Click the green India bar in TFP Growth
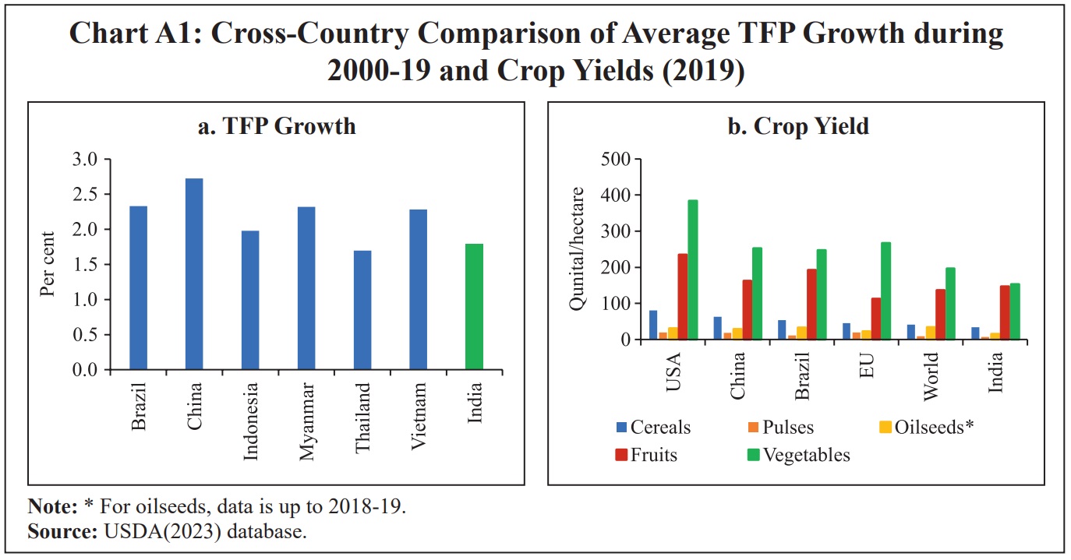pos(474,307)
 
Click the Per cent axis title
pos(48,264)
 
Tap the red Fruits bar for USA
pos(683,297)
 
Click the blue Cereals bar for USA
pos(652,325)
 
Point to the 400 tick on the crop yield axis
pos(615,195)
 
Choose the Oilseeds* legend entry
pos(930,427)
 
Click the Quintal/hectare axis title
pos(577,249)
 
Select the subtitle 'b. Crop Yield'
pos(797,126)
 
